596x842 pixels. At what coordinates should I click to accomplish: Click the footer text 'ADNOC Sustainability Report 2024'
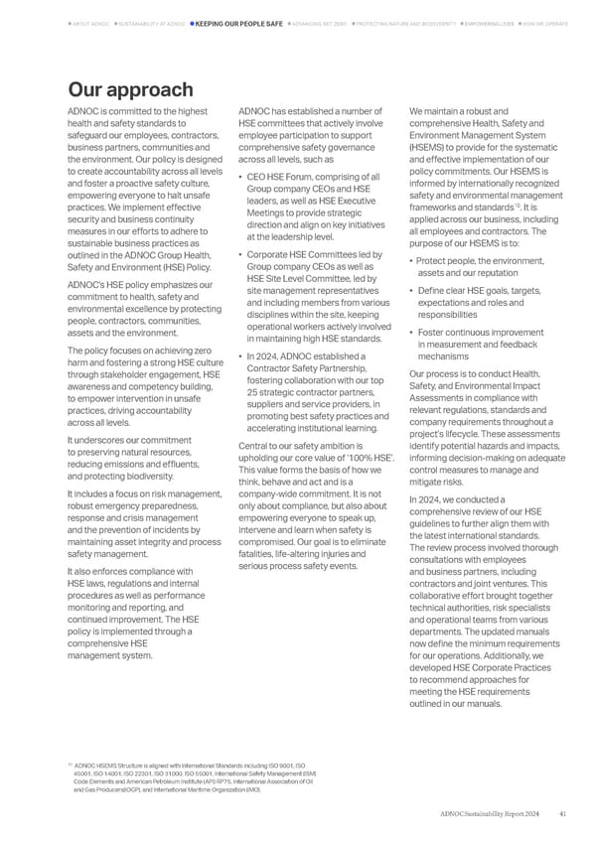tap(493, 813)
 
